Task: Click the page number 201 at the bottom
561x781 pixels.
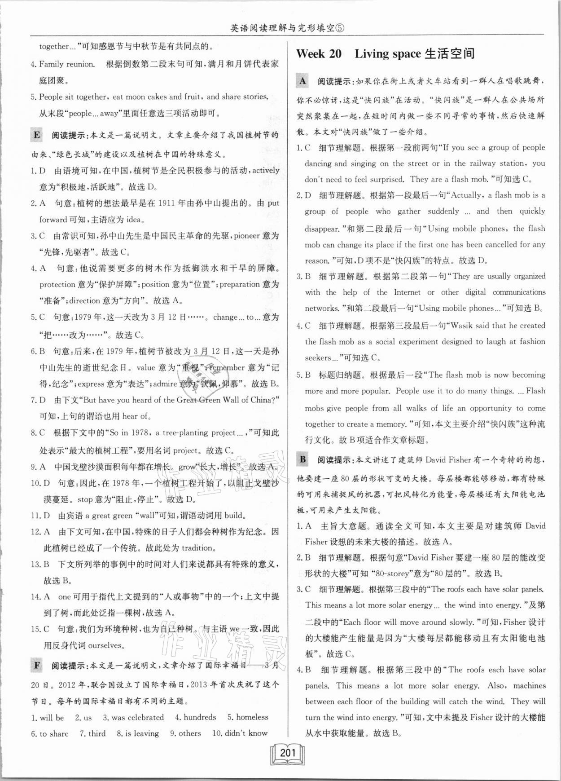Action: [x=287, y=752]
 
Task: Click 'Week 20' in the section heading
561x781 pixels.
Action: [x=319, y=54]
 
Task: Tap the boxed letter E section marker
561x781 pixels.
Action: [x=37, y=135]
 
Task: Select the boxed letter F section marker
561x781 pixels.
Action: [x=37, y=665]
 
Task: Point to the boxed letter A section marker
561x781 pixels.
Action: [x=303, y=81]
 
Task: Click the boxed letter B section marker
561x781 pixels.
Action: [x=303, y=459]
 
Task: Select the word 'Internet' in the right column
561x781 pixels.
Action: [x=408, y=292]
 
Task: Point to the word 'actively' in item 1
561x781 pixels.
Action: [x=266, y=171]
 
